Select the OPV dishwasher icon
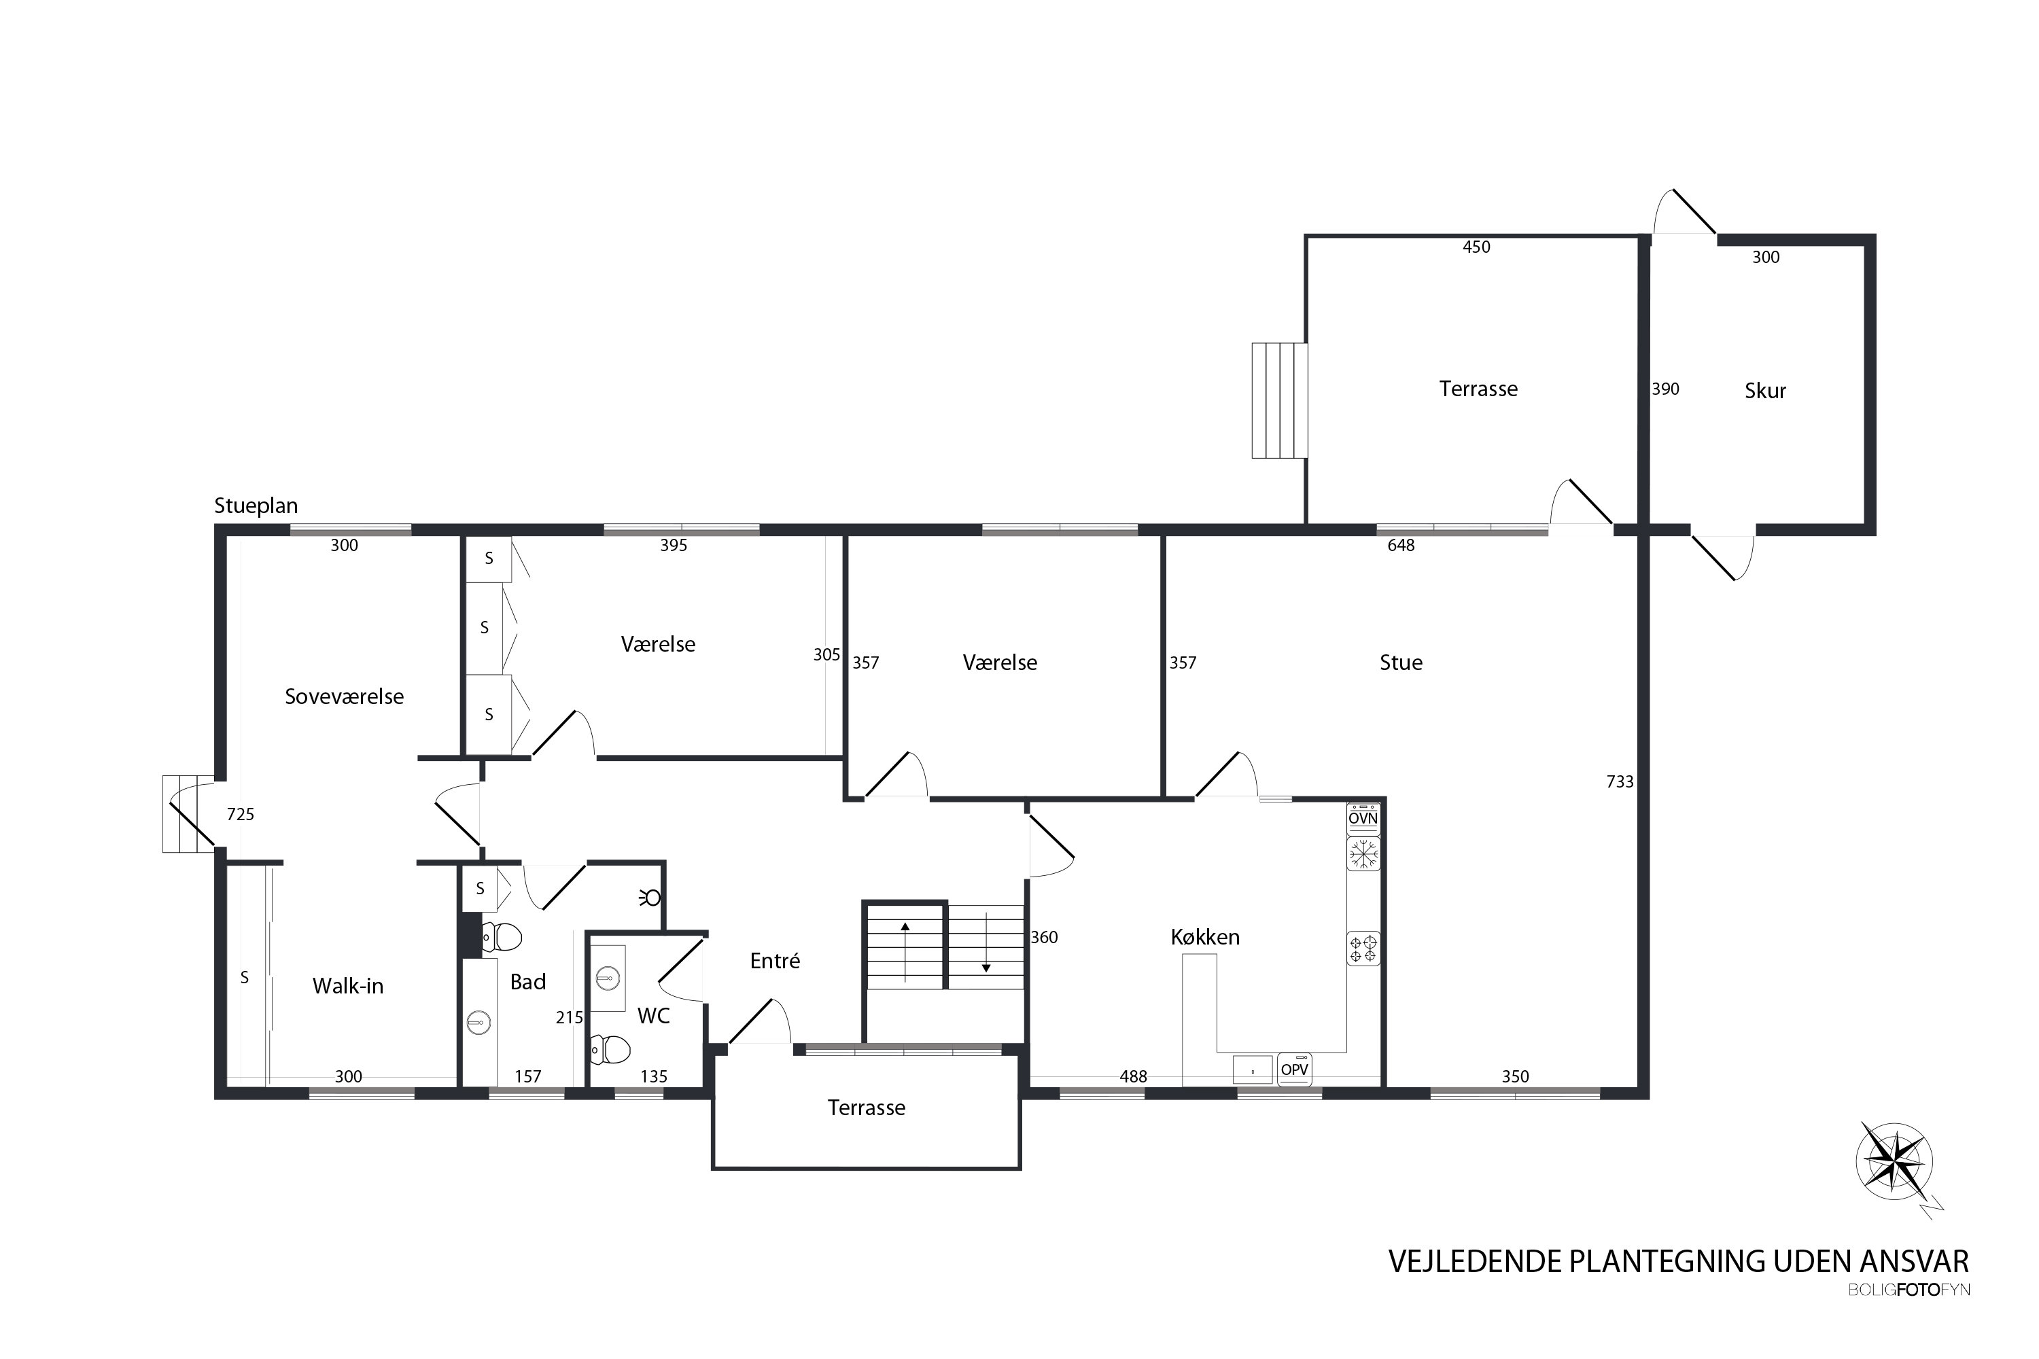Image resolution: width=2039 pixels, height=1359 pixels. click(x=1294, y=1070)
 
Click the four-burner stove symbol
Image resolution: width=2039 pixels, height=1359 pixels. click(x=1363, y=948)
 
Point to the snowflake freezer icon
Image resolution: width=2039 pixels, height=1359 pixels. click(x=1363, y=853)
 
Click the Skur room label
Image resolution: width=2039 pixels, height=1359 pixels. click(x=1765, y=391)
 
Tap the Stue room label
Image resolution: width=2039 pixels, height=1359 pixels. click(x=1401, y=663)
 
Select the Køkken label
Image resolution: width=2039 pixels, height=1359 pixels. click(x=1205, y=937)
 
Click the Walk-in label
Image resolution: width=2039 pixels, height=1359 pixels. click(x=347, y=985)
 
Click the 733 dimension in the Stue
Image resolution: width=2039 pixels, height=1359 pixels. click(x=1620, y=782)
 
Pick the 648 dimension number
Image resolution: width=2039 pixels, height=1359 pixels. click(x=1401, y=545)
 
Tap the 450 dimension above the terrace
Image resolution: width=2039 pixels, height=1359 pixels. click(x=1476, y=247)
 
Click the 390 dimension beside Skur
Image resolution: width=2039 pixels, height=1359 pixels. click(x=1665, y=389)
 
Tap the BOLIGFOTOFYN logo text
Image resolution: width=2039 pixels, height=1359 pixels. click(x=1909, y=1290)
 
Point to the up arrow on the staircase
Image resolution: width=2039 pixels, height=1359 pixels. click(x=905, y=952)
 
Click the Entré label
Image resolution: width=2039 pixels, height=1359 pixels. click(x=774, y=960)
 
